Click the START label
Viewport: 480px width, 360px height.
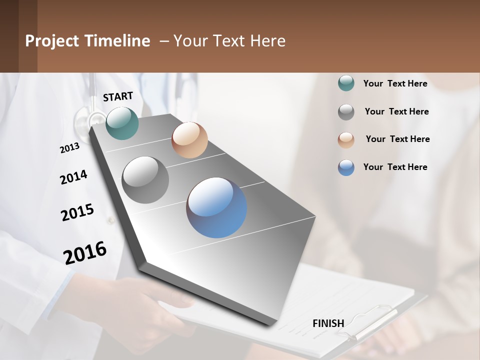(x=118, y=96)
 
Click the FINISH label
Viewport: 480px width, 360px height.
(x=328, y=323)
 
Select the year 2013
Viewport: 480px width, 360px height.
(x=70, y=148)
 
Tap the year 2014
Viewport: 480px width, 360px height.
(x=73, y=177)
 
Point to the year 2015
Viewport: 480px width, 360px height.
(x=77, y=212)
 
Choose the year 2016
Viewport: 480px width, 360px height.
(x=85, y=252)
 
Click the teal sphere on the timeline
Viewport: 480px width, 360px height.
(x=122, y=123)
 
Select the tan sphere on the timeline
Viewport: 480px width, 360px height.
(x=189, y=140)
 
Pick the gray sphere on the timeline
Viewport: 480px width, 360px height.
(x=145, y=180)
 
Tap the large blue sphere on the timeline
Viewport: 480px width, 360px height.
(x=216, y=207)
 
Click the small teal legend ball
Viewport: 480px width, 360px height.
(x=346, y=83)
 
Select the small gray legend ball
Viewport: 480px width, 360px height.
(x=346, y=112)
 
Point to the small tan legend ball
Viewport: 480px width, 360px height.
(x=346, y=140)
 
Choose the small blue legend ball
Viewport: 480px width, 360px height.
(x=346, y=167)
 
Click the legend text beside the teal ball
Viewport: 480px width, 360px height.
(x=395, y=83)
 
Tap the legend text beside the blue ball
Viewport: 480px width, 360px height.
(x=395, y=167)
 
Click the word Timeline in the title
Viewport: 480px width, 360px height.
(x=117, y=41)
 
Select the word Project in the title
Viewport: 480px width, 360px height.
(x=52, y=41)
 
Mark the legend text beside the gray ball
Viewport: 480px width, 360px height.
(x=396, y=111)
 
